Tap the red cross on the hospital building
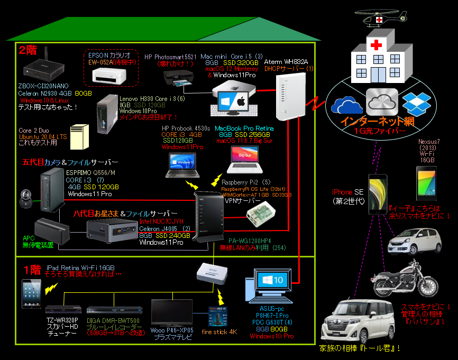click(376, 45)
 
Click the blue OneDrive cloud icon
click(344, 104)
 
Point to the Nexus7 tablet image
click(426, 183)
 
